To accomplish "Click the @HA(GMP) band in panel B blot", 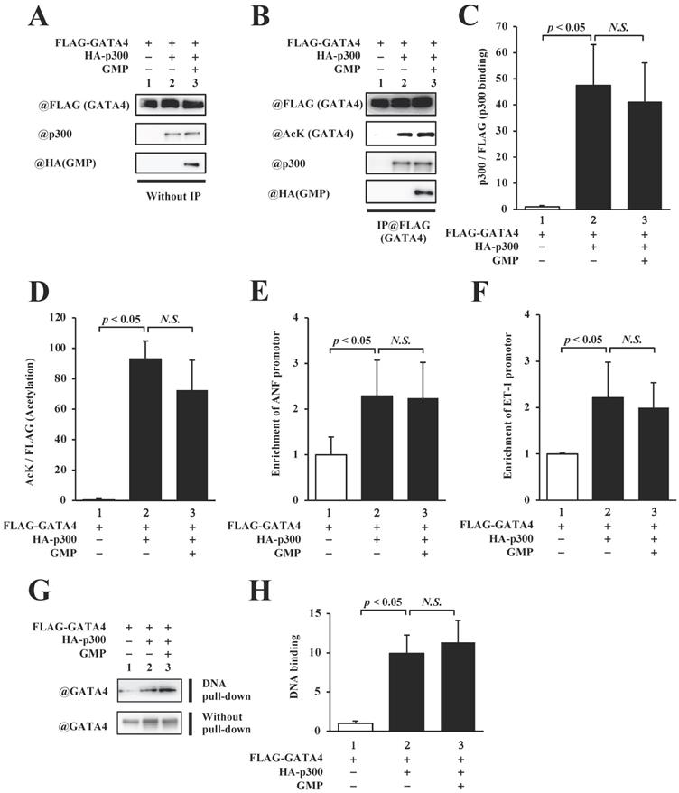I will click(x=420, y=192).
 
